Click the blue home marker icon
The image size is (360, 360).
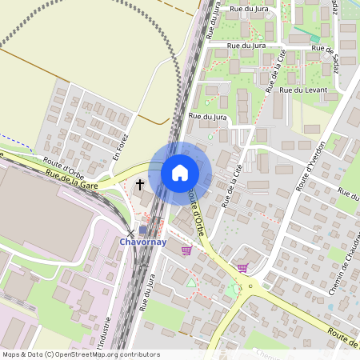pyautogui.click(x=180, y=172)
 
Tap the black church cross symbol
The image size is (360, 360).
pyautogui.click(x=140, y=185)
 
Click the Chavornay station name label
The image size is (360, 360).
pyautogui.click(x=143, y=241)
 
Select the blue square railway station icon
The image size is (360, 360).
pyautogui.click(x=143, y=230)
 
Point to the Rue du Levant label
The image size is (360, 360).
pyautogui.click(x=306, y=90)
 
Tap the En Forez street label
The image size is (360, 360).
pyautogui.click(x=120, y=146)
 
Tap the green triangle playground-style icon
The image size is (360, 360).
pyautogui.click(x=190, y=282)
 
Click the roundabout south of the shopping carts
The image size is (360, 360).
pyautogui.click(x=250, y=286)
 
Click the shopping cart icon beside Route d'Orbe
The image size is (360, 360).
pyautogui.click(x=186, y=250)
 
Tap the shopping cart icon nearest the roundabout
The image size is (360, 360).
pyautogui.click(x=242, y=268)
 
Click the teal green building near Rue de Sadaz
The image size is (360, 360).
pyautogui.click(x=315, y=38)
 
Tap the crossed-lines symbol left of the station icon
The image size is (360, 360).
pyautogui.click(x=131, y=232)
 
